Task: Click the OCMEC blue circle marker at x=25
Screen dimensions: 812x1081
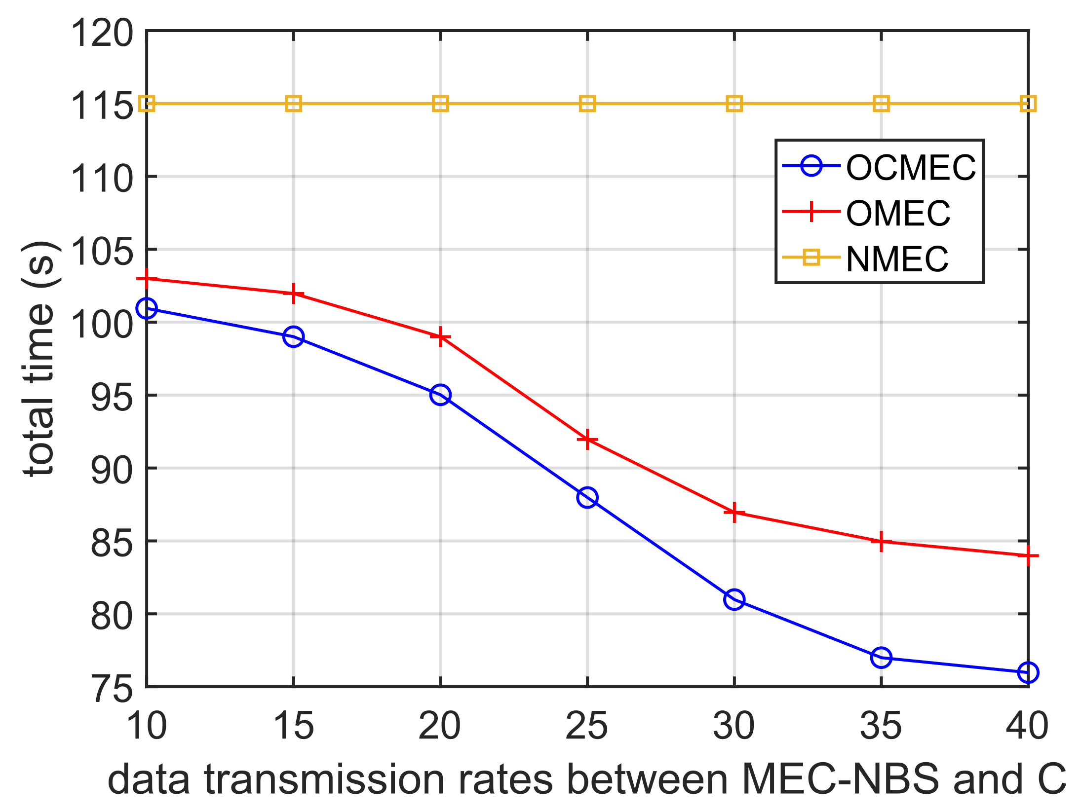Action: click(587, 498)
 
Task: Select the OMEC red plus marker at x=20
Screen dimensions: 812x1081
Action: click(440, 337)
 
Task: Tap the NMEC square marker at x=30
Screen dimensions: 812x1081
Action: click(734, 104)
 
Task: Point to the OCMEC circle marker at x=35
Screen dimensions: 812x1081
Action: click(881, 658)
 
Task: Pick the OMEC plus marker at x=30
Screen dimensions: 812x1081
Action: click(734, 513)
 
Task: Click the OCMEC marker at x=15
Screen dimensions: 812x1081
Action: click(293, 337)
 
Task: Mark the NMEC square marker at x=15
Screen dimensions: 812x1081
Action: click(293, 104)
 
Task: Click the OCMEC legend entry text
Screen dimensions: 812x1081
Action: click(911, 168)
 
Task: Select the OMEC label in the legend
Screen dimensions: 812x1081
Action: click(898, 214)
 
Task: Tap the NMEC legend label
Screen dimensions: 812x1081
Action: click(897, 259)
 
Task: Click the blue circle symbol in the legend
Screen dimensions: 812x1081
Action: click(811, 165)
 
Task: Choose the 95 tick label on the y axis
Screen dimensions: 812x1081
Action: click(112, 398)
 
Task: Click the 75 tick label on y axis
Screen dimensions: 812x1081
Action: click(112, 689)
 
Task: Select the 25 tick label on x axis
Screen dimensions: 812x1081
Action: click(586, 726)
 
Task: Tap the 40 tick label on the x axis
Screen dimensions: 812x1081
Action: click(1027, 726)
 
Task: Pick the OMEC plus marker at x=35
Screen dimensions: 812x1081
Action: click(881, 542)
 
